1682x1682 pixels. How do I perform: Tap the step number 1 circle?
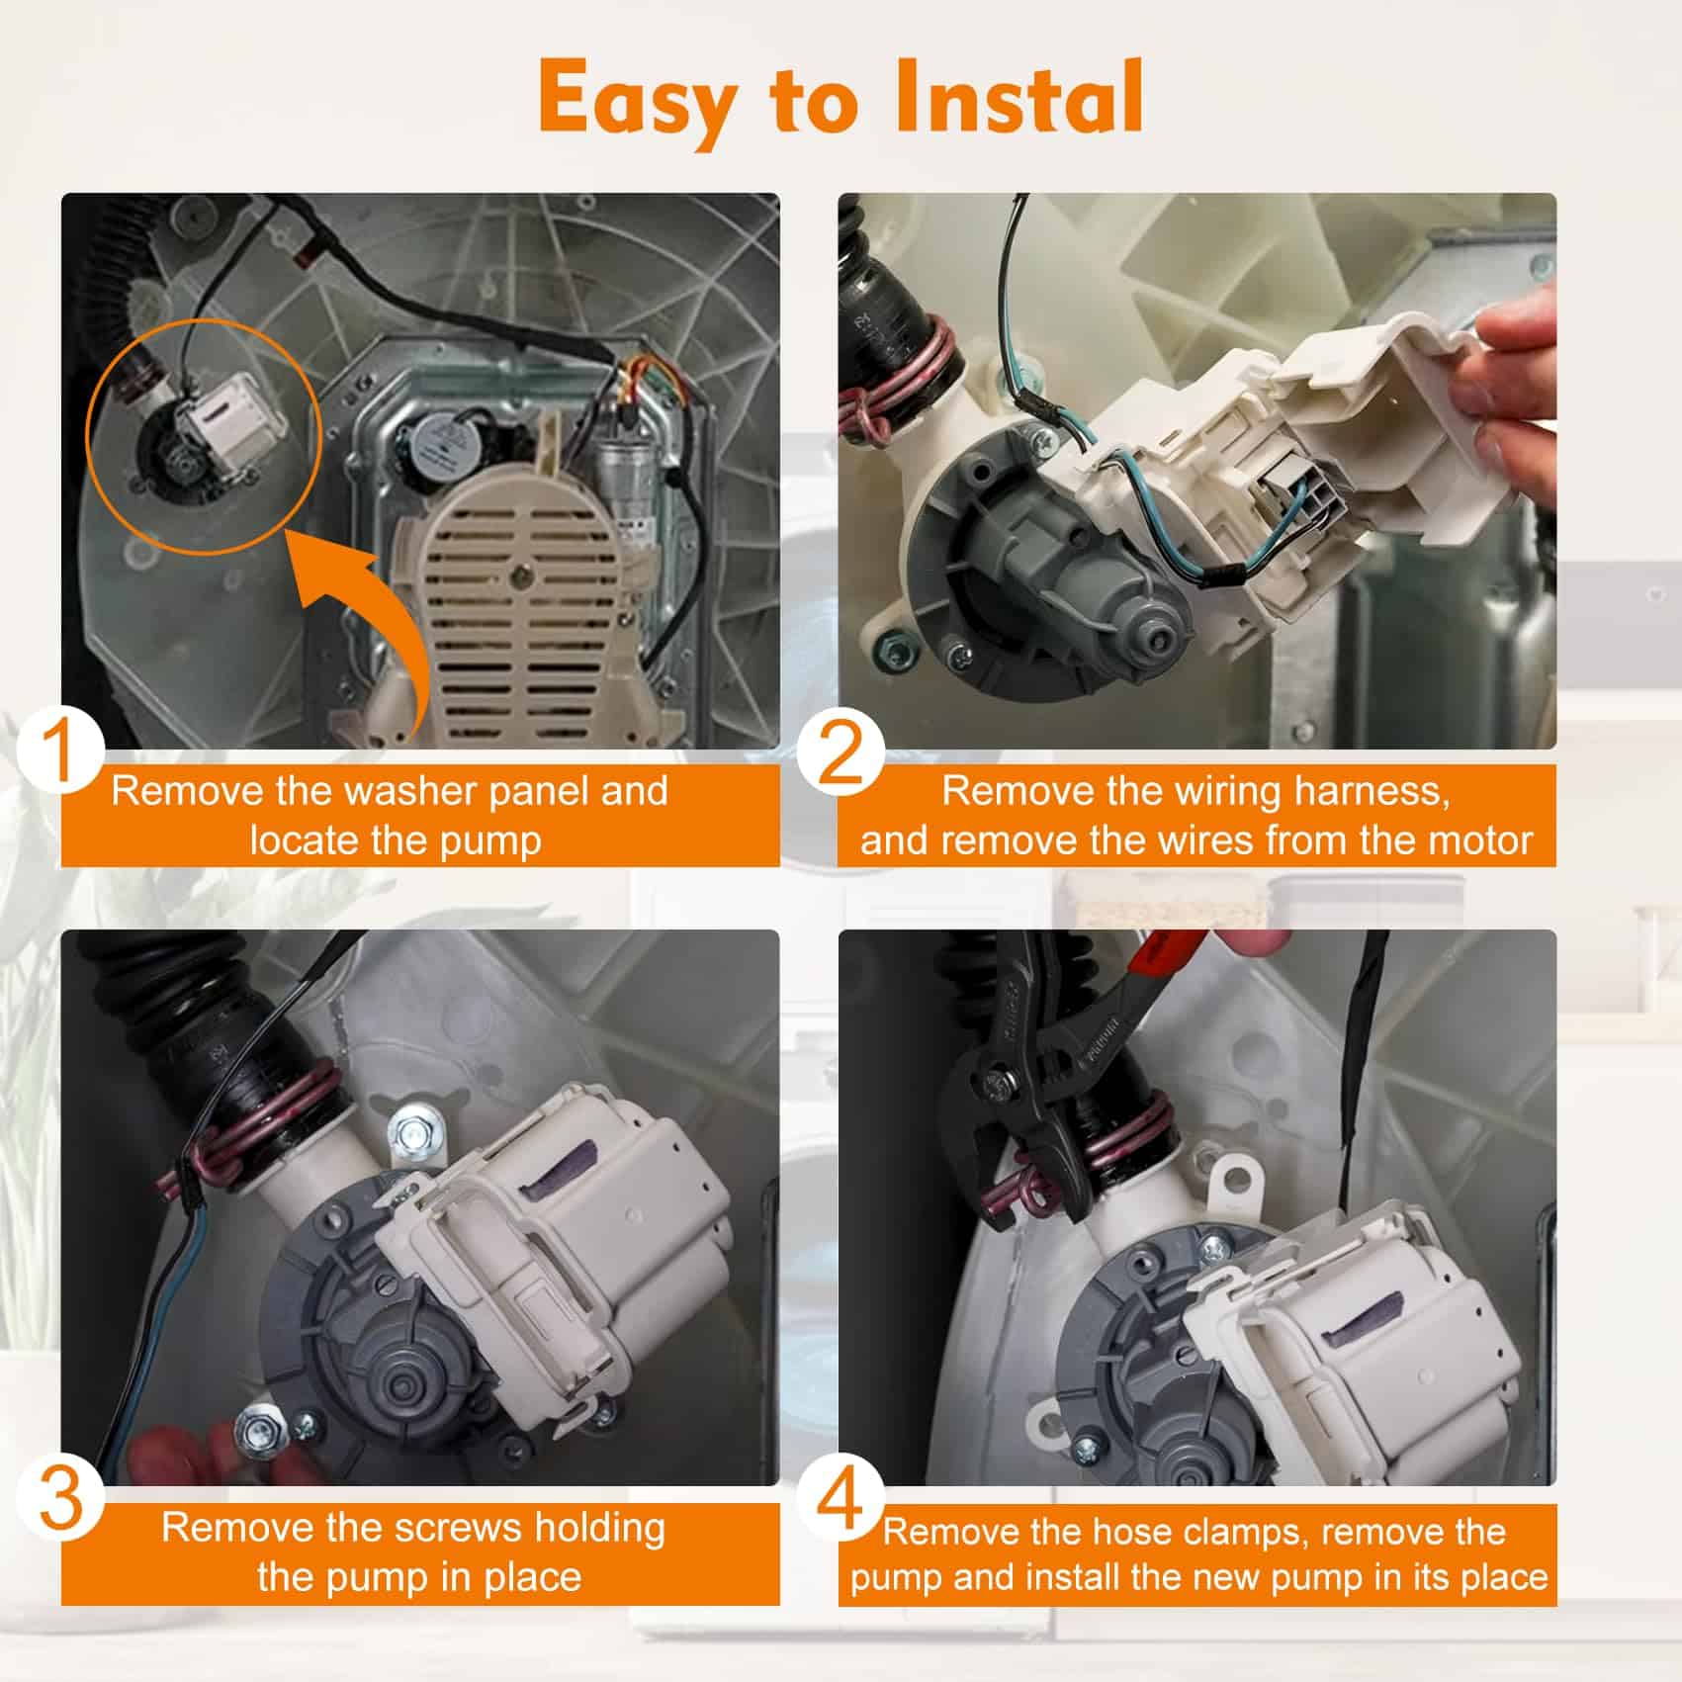click(x=59, y=752)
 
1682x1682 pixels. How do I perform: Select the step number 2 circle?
click(x=841, y=754)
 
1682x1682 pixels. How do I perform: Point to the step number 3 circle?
click(x=60, y=1496)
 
